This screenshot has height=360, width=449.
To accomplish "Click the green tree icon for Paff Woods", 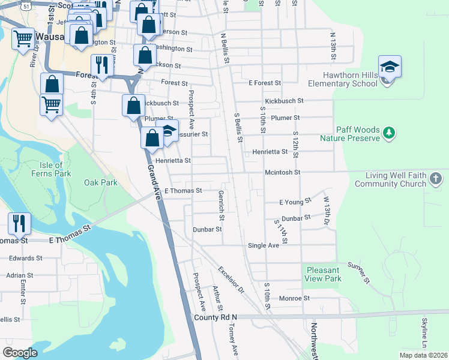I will pyautogui.click(x=389, y=133).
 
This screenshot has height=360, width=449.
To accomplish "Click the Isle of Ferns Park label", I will pyautogui.click(x=50, y=169).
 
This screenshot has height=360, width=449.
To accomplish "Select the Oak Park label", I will pyautogui.click(x=101, y=182).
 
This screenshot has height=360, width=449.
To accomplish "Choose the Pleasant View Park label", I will pyautogui.click(x=323, y=274).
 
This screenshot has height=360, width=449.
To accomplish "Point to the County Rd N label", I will pyautogui.click(x=215, y=317).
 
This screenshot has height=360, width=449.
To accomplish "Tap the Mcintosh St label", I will pyautogui.click(x=282, y=172).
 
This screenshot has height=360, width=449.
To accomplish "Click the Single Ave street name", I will pyautogui.click(x=264, y=245).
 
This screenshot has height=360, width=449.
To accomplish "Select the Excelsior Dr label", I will pyautogui.click(x=232, y=280).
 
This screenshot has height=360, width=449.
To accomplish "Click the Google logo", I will pyautogui.click(x=20, y=352).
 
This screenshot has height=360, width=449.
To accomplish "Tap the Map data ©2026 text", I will pyautogui.click(x=423, y=355).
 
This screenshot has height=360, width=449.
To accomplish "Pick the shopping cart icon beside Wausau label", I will pyautogui.click(x=23, y=38).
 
